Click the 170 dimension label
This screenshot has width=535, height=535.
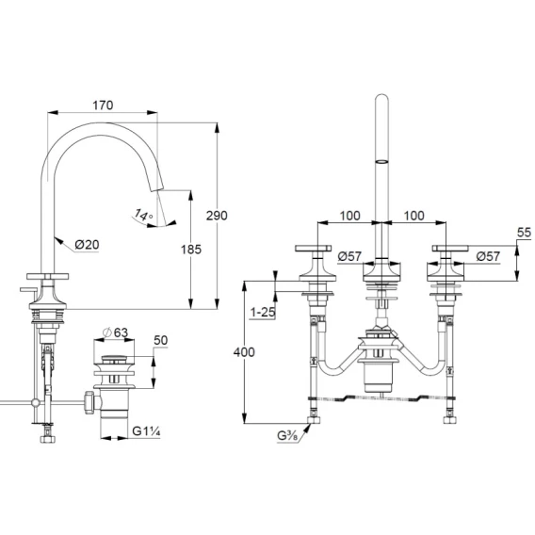coord(103,105)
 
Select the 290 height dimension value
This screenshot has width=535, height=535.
coord(217,216)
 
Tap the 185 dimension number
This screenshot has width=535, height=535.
coord(191,250)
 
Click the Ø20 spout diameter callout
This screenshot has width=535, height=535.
coord(87,244)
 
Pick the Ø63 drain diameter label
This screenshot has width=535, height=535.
coord(116,332)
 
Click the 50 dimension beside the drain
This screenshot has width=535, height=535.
coord(161,340)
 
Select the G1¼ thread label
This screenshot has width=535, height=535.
coord(146,431)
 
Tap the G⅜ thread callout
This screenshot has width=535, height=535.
coord(287,436)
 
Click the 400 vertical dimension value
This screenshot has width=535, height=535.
coord(244,351)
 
